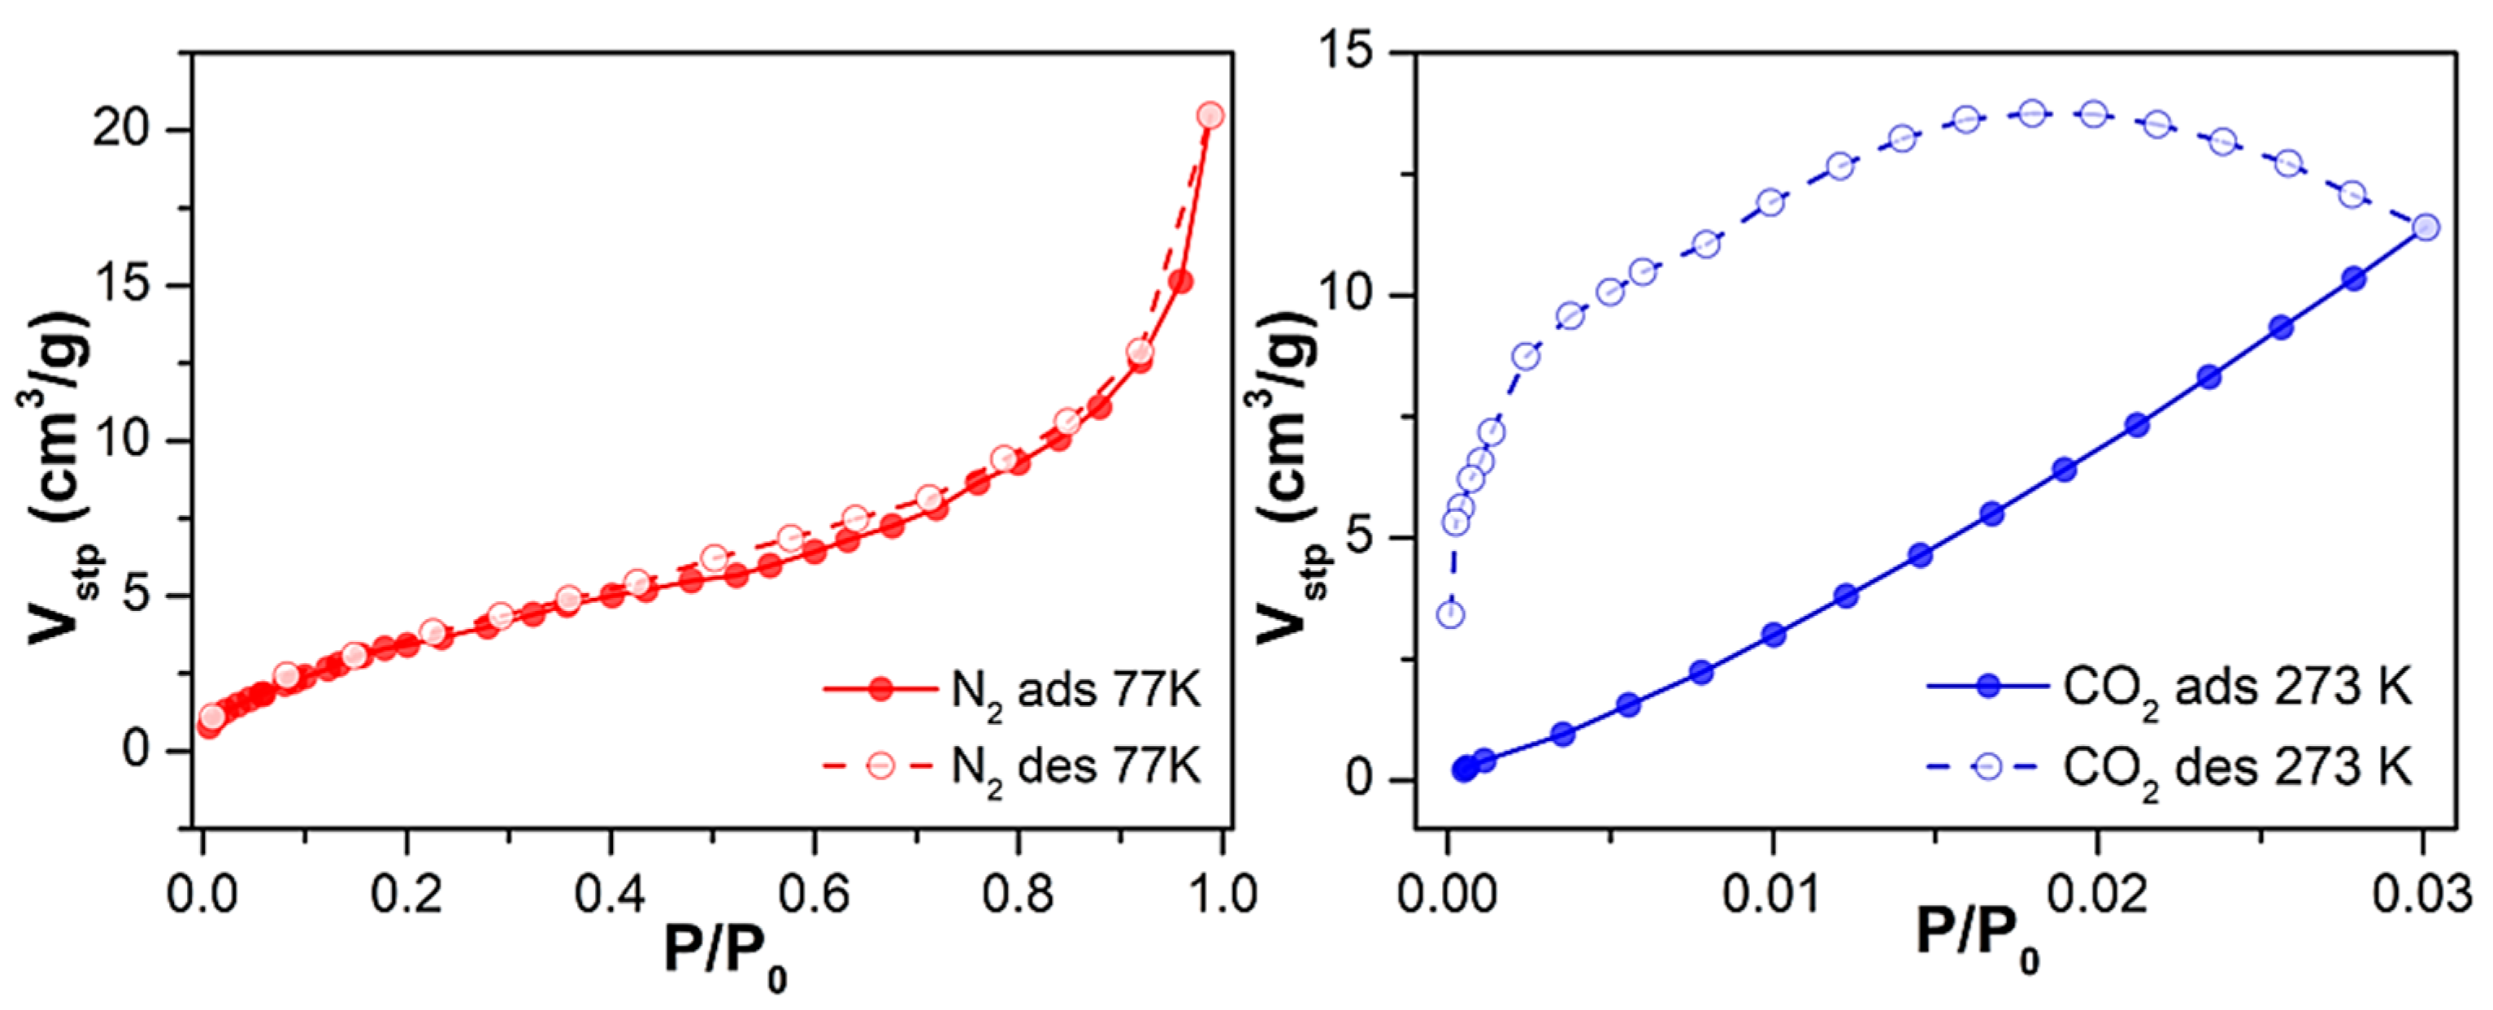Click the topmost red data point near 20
coord(1210,116)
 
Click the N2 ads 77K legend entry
coord(1011,691)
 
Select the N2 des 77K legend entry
coord(1011,767)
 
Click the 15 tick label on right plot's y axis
coord(1347,50)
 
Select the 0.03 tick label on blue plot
coord(2421,894)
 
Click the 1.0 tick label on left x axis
coord(1222,894)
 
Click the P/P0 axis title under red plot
coord(724,956)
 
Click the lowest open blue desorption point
coord(1450,614)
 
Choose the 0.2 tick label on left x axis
coord(406,894)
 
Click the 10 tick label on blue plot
coord(1347,294)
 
